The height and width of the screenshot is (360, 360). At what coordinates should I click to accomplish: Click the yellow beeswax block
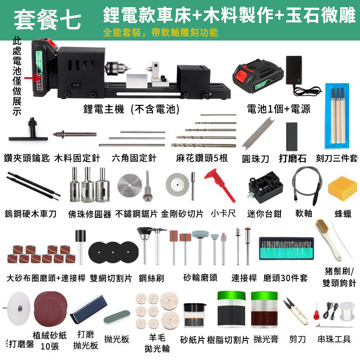pos(342,188)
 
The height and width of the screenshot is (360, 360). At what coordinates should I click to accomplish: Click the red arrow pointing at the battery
pos(33,78)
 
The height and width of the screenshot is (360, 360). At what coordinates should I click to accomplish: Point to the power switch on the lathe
pos(75,85)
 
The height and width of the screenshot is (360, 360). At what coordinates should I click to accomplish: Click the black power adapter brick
pos(294,70)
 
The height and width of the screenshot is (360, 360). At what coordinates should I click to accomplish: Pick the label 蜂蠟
pos(343,214)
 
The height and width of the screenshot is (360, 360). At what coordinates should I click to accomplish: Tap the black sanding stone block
pos(292,137)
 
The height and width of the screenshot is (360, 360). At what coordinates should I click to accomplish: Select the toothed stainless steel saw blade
pos(130,185)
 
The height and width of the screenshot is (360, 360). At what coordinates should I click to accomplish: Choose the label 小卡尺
pos(223,213)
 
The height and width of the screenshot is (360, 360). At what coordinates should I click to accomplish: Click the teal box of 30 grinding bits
pos(286,248)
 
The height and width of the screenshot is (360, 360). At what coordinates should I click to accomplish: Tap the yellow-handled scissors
pos(296,311)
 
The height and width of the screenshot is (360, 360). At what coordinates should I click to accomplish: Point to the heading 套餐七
pos(48,20)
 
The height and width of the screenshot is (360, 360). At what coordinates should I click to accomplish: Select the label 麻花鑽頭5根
pos(202,158)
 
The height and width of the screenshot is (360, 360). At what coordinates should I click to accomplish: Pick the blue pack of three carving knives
pos(337,116)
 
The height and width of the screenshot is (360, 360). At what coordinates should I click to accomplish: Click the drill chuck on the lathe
pos(117,68)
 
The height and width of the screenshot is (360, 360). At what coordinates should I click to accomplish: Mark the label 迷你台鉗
pos(264,214)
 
